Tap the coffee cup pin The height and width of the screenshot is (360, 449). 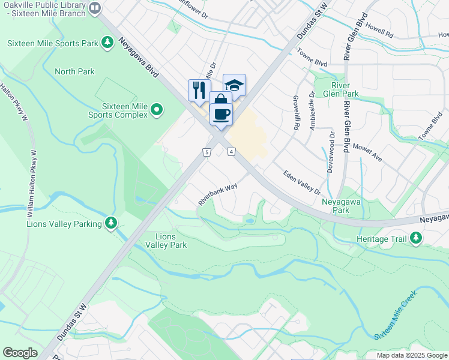coord(221,113)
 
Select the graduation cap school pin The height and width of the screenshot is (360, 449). coord(234,85)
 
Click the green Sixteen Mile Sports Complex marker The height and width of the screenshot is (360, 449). coord(157,109)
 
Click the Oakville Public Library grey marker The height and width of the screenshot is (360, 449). coord(95,8)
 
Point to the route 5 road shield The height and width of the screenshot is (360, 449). coord(206,152)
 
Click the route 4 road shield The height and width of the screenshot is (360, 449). coord(231,152)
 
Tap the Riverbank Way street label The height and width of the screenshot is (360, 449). coord(218,194)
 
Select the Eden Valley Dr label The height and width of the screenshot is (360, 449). coord(301,182)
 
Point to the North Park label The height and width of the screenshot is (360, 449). coord(74,71)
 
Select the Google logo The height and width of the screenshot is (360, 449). coord(20,353)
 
